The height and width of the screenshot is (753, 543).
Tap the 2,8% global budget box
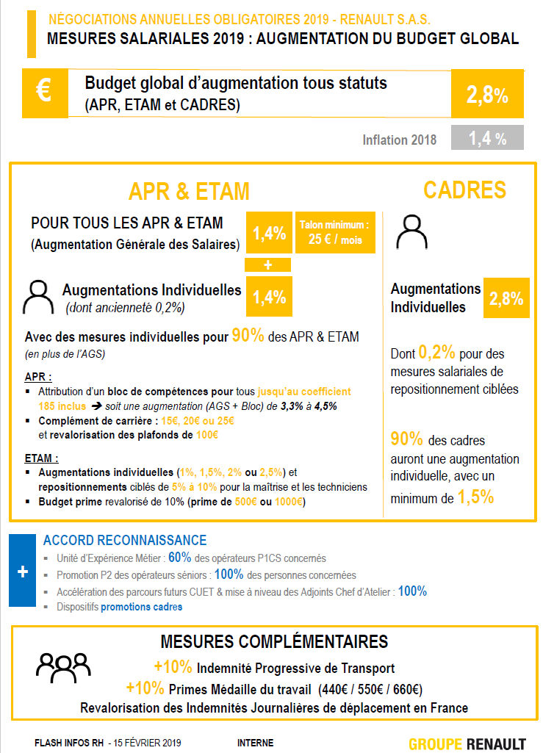(x=487, y=94)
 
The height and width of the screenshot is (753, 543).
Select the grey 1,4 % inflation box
(x=487, y=138)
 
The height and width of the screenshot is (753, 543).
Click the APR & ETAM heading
(x=189, y=191)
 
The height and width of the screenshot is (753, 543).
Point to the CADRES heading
(x=464, y=190)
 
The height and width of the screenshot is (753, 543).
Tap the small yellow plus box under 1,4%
(x=269, y=264)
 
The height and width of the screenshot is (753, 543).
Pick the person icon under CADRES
(x=411, y=234)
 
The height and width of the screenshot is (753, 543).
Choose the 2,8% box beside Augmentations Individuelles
(x=506, y=298)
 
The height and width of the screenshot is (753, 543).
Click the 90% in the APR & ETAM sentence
(x=248, y=336)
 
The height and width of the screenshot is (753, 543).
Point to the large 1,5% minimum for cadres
(x=475, y=497)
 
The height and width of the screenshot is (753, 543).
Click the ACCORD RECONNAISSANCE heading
(x=125, y=540)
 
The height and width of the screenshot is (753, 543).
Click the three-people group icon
(x=64, y=665)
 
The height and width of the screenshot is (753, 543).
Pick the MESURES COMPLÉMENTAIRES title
(x=274, y=642)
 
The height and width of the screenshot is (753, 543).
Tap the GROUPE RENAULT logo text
(x=467, y=743)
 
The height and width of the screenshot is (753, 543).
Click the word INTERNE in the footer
(x=255, y=743)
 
